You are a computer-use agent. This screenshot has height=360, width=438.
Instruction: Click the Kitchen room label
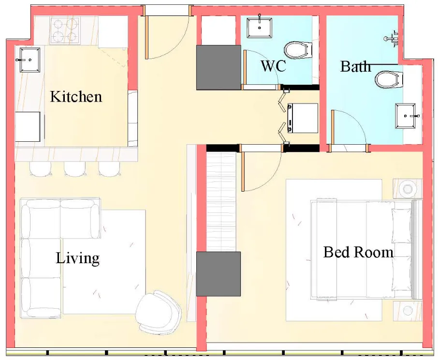[x=76, y=96]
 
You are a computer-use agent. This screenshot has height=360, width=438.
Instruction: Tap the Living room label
[x=77, y=257]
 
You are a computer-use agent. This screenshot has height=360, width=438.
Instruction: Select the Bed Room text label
[x=358, y=252]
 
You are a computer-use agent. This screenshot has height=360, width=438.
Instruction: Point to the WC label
[x=273, y=66]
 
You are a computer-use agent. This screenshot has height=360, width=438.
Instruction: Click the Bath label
[x=355, y=66]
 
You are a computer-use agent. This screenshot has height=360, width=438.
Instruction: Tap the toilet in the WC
[x=296, y=49]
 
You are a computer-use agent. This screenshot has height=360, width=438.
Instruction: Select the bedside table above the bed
[x=408, y=188]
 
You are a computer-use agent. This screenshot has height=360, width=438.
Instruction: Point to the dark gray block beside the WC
[x=219, y=67]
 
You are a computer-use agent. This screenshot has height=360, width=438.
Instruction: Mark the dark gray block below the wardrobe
[x=219, y=273]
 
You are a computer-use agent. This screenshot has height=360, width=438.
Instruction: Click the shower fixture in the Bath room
[x=393, y=38]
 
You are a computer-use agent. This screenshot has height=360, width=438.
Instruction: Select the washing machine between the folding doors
[x=302, y=118]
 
